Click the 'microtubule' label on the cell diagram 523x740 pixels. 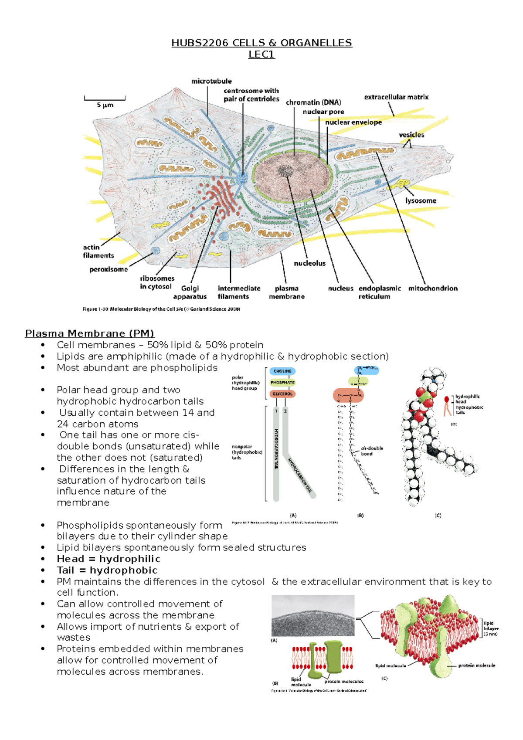[x=211, y=81]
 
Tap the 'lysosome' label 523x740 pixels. [x=421, y=201]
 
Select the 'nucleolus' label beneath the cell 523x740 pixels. [x=309, y=263]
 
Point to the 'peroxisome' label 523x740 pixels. [x=109, y=269]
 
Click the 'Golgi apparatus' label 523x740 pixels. [x=190, y=292]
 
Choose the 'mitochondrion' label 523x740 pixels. [x=433, y=288]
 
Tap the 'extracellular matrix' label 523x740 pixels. [x=396, y=97]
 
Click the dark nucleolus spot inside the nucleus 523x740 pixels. [x=286, y=170]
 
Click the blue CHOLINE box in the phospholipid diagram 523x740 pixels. [x=282, y=371]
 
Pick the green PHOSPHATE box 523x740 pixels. [x=282, y=383]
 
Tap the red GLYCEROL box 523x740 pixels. [x=282, y=394]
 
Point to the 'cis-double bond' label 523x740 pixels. [x=372, y=451]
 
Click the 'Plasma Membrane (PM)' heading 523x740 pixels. [x=90, y=333]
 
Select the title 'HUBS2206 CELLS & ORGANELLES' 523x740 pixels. [x=261, y=43]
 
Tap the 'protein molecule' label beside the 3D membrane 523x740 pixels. [x=476, y=665]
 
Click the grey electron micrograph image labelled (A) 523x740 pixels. [x=312, y=615]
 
